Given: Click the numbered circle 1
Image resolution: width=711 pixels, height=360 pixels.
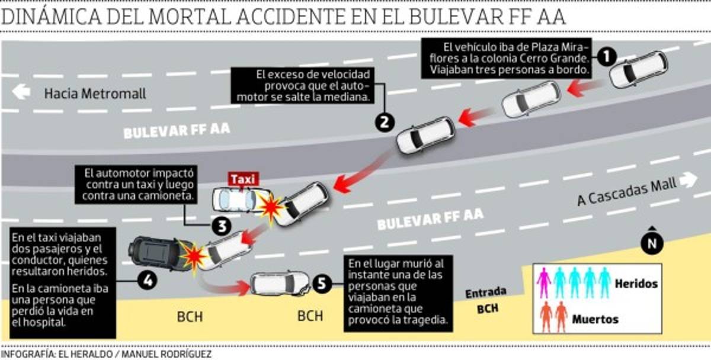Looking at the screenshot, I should pos(606,58).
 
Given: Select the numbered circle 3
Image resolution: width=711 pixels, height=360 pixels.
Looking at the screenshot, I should pos(220,226).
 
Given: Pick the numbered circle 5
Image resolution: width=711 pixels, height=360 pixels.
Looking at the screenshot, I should pos(321,284).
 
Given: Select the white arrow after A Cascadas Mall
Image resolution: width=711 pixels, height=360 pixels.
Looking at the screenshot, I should pos(687,180).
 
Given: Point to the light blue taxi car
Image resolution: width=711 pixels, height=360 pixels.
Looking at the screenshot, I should pos(235,200).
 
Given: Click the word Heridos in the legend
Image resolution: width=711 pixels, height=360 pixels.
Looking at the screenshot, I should pos(636,284).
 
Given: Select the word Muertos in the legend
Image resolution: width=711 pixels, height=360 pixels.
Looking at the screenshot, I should pos(595,320).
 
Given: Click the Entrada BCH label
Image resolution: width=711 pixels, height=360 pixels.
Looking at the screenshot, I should pos(486,300).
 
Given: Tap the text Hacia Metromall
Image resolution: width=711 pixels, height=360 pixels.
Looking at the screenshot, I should pos(95,94).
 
